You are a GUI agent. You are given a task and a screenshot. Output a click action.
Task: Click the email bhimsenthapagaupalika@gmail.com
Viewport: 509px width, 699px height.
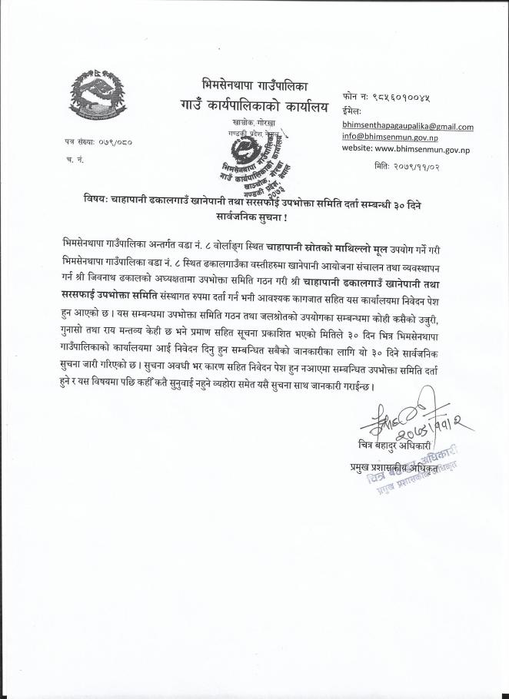click(x=408, y=126)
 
